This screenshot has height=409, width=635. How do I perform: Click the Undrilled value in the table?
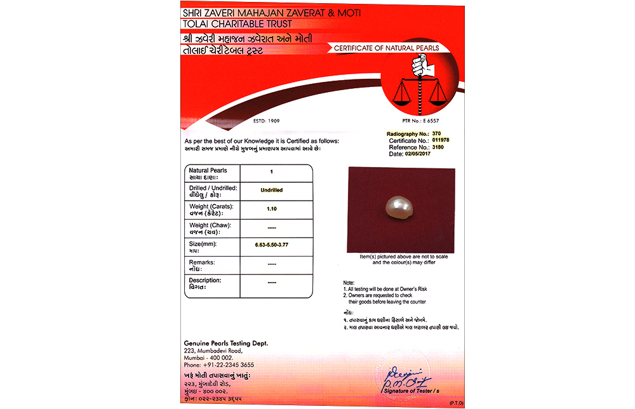(272, 190)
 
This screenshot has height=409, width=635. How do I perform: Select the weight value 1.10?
(272, 208)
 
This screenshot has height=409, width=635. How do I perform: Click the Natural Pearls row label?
(208, 171)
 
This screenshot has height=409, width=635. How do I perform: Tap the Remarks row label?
(202, 262)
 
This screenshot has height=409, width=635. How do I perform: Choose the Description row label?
(205, 280)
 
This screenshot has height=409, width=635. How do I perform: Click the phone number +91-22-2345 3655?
(219, 365)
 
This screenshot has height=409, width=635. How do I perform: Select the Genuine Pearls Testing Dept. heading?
(226, 343)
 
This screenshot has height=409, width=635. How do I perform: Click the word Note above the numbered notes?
(349, 282)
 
